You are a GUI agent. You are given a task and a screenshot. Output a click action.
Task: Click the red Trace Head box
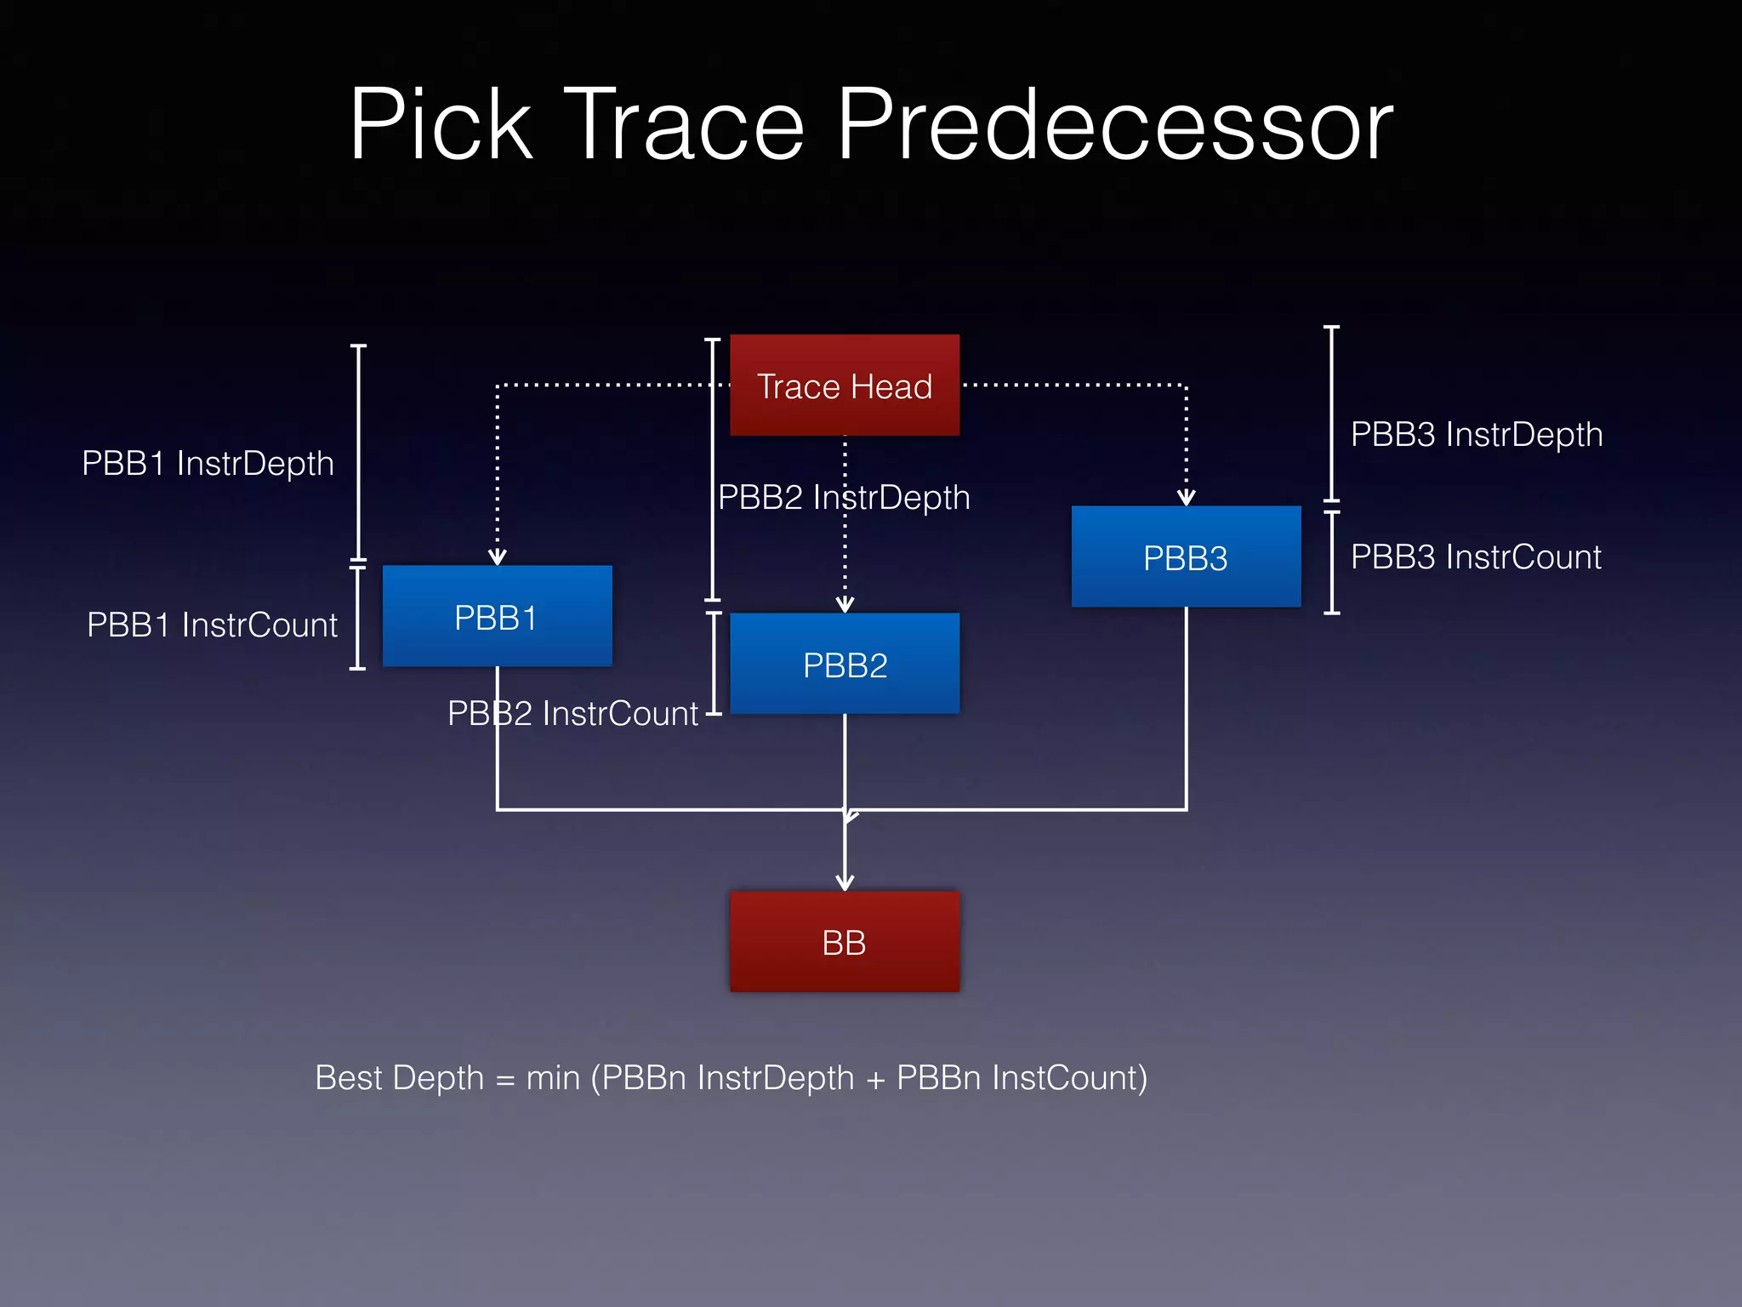[x=844, y=385]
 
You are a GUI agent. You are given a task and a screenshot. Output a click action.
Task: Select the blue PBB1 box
[x=497, y=616]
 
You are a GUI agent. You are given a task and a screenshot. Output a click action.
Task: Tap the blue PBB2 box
[x=844, y=664]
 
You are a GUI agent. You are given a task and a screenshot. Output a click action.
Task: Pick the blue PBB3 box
[x=1186, y=556]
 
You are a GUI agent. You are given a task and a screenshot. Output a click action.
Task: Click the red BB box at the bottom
[x=844, y=942]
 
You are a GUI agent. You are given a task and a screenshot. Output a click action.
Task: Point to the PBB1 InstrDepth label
[x=208, y=464]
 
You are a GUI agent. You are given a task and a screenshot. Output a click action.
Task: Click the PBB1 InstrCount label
[x=212, y=625]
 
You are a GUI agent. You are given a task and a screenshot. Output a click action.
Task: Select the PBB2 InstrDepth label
[x=844, y=498]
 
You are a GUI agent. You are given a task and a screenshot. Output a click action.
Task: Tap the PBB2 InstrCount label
[x=572, y=714]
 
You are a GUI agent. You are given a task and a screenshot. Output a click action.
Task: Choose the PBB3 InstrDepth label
[x=1477, y=435]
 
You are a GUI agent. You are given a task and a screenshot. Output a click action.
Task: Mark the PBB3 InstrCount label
[x=1476, y=557]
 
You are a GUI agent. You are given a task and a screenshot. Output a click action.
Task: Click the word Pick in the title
[x=441, y=125]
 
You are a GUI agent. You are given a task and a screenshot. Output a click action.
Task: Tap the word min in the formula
[x=553, y=1078]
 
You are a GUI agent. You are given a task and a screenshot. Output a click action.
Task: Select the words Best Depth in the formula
[x=399, y=1078]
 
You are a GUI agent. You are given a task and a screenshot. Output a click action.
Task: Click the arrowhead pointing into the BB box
[x=845, y=882]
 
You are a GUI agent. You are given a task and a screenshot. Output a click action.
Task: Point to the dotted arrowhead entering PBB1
[x=498, y=556]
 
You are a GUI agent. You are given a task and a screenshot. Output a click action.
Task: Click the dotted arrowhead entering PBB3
[x=1187, y=497]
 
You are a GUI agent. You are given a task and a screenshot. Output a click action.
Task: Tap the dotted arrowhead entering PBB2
[x=845, y=604]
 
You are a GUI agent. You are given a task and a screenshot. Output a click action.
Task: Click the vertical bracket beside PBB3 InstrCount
[x=1332, y=562]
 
